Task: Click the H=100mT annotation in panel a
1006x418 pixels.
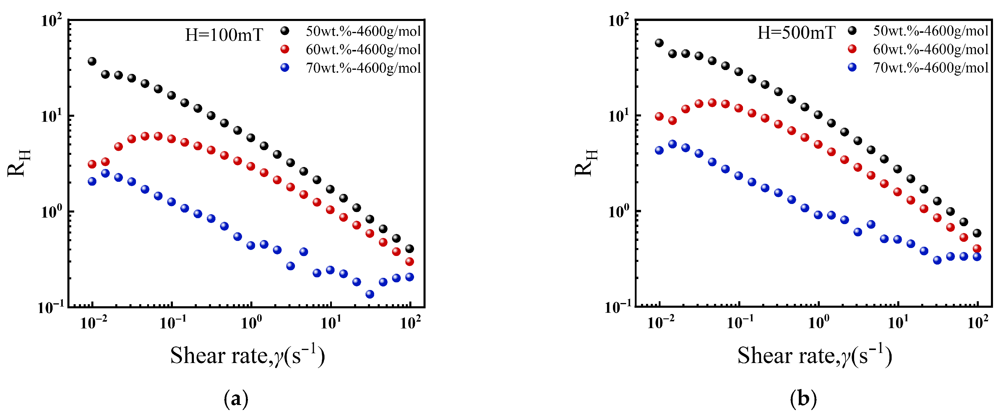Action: tap(224, 35)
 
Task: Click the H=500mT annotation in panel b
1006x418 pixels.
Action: tap(796, 33)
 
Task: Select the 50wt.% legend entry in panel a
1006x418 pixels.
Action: tap(363, 31)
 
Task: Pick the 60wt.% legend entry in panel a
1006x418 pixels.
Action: tap(363, 50)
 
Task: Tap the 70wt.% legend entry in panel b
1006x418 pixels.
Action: tap(931, 68)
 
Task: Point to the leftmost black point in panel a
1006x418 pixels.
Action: tap(92, 61)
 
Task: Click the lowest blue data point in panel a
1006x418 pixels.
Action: tap(370, 294)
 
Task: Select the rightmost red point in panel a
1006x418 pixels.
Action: tap(410, 262)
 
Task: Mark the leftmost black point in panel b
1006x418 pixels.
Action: tap(659, 43)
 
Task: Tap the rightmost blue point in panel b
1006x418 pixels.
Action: tap(977, 257)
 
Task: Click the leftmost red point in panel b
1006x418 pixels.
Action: tap(659, 116)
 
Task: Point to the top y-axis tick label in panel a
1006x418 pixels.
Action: tap(51, 20)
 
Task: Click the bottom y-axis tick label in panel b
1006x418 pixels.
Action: tap(618, 307)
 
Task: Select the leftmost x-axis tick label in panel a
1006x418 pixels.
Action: tap(93, 323)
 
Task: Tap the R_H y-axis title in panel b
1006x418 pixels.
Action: tap(586, 163)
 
